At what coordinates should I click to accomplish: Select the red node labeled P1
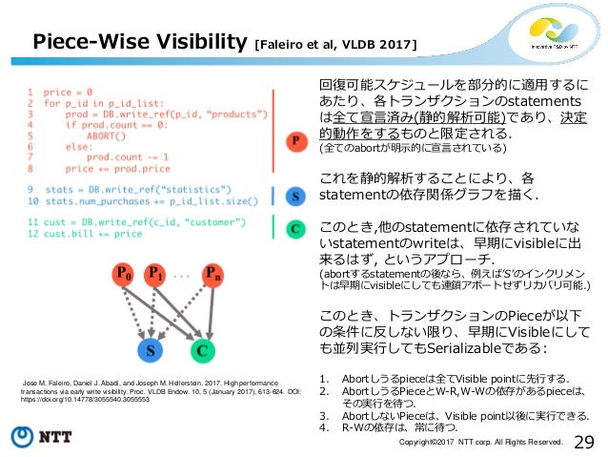coord(155,276)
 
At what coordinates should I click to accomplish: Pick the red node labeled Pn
coord(216,276)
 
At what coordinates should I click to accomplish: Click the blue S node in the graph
coord(149,350)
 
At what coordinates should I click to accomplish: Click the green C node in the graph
coord(202,350)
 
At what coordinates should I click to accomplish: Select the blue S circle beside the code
coord(296,196)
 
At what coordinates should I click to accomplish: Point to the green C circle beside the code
coord(296,229)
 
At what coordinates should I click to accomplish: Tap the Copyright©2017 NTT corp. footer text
coord(481,442)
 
